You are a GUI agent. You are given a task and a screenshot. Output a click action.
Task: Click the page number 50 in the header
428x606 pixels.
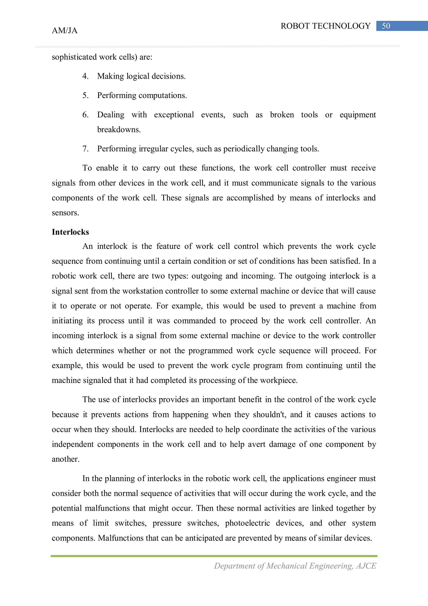click(x=386, y=26)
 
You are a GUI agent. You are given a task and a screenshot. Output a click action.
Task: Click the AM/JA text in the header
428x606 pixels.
click(x=65, y=31)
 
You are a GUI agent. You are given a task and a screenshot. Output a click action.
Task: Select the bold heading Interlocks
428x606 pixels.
click(x=70, y=232)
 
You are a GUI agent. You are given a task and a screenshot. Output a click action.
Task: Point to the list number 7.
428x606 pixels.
click(x=85, y=149)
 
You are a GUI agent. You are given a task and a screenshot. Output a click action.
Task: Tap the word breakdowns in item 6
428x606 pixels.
click(x=119, y=130)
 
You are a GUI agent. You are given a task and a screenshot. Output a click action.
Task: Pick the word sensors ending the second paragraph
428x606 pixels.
click(x=65, y=213)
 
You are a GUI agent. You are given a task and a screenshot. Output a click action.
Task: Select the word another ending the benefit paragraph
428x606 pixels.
click(x=65, y=459)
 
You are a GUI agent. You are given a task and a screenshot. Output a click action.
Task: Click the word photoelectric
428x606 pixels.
click(x=247, y=523)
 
